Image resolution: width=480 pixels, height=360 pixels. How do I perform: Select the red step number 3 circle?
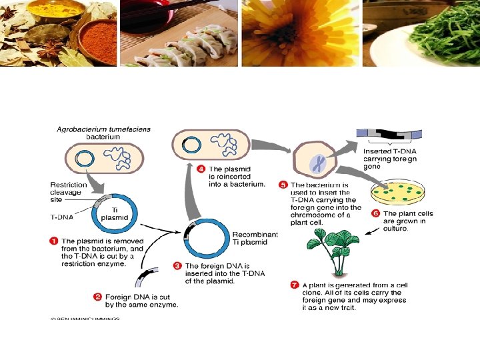177,265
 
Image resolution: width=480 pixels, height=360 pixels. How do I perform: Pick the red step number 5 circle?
283,185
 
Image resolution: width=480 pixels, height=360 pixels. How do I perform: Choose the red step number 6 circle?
375,213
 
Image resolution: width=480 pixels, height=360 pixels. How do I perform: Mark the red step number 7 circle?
295,285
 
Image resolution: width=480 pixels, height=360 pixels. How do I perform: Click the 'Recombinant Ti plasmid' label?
255,238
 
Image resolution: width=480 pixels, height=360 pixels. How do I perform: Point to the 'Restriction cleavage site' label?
69,191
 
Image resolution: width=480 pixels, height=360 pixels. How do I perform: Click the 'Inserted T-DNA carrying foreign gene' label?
391,159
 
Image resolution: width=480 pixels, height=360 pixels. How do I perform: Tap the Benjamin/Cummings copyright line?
85,319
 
